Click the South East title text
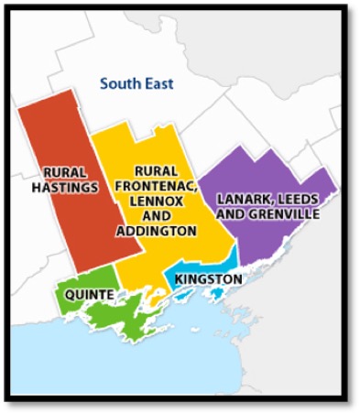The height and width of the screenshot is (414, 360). point(136,84)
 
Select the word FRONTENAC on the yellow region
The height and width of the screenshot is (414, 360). point(156,186)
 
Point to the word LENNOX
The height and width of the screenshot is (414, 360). point(156,201)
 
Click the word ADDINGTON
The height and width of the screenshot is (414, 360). point(156,231)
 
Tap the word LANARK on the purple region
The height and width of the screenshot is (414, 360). point(241,199)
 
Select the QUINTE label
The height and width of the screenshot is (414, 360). point(90,294)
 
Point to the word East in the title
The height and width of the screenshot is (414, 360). point(158,84)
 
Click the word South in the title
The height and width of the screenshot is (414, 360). point(120,84)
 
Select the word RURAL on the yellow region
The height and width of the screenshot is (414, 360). point(156,171)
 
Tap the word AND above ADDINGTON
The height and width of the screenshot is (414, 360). point(156,216)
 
